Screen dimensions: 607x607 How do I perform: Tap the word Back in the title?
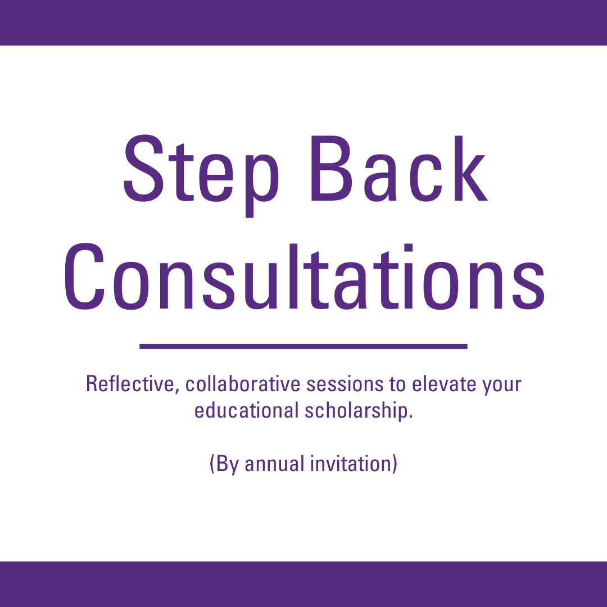click(399, 169)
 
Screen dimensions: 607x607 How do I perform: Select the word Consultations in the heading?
click(304, 277)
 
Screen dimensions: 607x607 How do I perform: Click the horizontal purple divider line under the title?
click(303, 346)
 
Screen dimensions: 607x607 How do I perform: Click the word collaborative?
click(243, 384)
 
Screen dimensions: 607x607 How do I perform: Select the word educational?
click(246, 410)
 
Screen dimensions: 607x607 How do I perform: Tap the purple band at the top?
click(303, 22)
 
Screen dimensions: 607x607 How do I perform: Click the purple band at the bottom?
click(303, 584)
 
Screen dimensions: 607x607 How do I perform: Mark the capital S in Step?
click(143, 169)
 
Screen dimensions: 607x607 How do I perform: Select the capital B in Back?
click(332, 169)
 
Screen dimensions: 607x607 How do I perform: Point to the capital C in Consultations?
click(84, 277)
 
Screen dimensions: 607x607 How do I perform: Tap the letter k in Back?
click(471, 169)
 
